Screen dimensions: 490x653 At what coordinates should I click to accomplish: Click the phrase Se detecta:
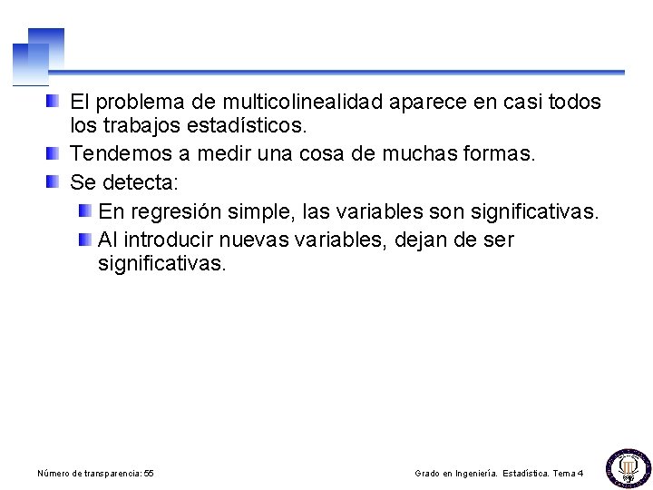coord(124,182)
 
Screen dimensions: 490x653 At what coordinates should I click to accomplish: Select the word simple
coord(261,212)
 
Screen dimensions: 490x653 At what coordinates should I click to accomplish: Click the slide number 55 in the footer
coord(149,474)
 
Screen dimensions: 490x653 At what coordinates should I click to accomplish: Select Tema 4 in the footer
coord(568,474)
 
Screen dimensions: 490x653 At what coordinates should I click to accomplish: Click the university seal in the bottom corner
coord(628,467)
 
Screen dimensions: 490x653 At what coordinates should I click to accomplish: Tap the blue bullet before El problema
coord(54,100)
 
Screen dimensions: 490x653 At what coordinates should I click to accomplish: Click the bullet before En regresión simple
coord(84,211)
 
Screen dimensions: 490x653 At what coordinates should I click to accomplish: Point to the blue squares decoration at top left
coord(38,55)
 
